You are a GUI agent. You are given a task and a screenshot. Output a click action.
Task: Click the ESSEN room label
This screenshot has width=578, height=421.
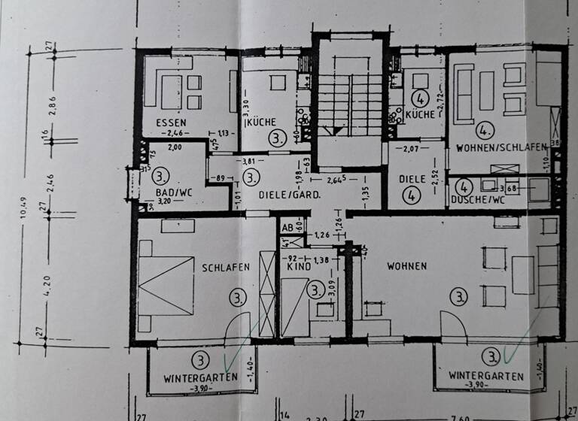172,122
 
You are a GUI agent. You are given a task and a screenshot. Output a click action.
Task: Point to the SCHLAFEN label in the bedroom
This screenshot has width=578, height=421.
225,267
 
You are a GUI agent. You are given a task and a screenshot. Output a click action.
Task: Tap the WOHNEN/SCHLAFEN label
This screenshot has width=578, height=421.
500,148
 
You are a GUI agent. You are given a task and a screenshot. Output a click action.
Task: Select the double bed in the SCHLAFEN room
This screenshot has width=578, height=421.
166,285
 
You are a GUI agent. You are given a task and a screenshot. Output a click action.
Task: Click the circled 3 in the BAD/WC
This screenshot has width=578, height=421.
160,177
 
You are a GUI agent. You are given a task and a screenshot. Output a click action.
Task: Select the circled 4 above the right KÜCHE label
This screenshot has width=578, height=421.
421,97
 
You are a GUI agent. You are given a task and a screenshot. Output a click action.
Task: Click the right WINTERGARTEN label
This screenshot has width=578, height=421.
487,375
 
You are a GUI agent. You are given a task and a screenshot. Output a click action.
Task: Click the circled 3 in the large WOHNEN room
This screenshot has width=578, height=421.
458,297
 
